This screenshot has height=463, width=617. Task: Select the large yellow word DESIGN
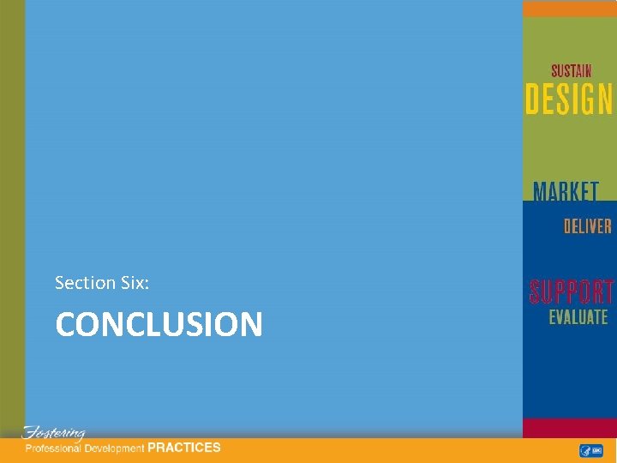pos(569,99)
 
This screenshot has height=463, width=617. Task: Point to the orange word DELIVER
pos(587,226)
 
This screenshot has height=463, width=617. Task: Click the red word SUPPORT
pos(571,292)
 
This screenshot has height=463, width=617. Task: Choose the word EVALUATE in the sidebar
pos(578,317)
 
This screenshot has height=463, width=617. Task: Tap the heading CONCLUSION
pos(159,325)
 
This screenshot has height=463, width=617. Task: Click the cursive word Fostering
pos(53,433)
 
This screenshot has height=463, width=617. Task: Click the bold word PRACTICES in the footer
pos(184,448)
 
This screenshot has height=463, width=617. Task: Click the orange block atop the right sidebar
pos(569,9)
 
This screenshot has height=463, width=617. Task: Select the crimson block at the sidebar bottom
pos(569,428)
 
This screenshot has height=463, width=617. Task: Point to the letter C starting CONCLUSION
pos(66,325)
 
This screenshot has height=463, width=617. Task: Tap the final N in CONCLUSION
pos(250,325)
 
